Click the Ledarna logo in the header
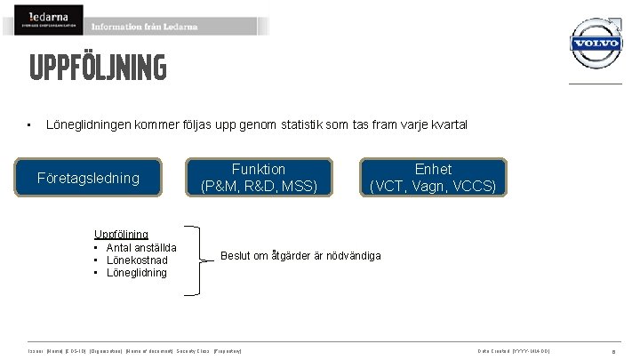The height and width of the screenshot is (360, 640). pyautogui.click(x=48, y=20)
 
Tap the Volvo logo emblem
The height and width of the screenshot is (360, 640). pyautogui.click(x=595, y=43)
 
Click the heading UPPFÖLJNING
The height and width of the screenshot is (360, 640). pyautogui.click(x=97, y=68)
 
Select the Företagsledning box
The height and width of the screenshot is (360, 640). pyautogui.click(x=88, y=178)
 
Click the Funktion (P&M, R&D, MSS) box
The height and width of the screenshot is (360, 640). pyautogui.click(x=259, y=178)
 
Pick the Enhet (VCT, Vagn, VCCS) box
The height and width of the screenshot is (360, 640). pyautogui.click(x=433, y=178)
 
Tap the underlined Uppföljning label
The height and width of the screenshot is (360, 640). pyautogui.click(x=121, y=234)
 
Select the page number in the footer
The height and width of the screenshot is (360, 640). pyautogui.click(x=627, y=351)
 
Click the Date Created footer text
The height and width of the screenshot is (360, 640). pyautogui.click(x=514, y=351)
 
